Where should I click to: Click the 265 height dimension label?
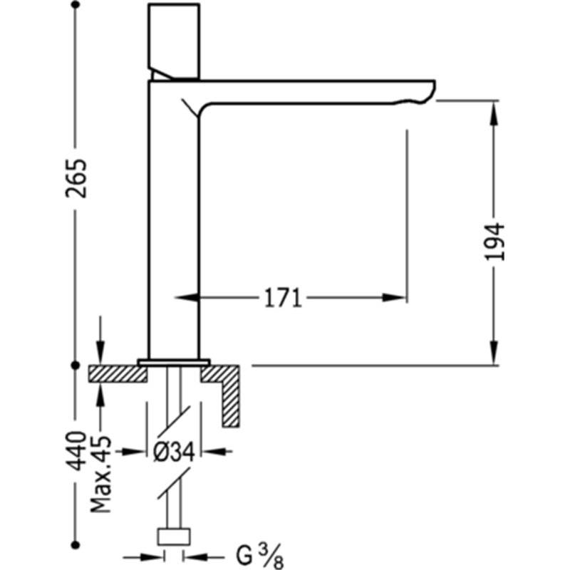pyautogui.click(x=77, y=178)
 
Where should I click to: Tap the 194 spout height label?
pyautogui.click(x=495, y=242)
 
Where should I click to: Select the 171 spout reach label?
pyautogui.click(x=283, y=298)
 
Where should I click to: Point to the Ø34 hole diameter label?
pyautogui.click(x=174, y=452)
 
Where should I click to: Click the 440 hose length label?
pyautogui.click(x=77, y=451)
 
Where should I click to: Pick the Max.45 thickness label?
pyautogui.click(x=100, y=473)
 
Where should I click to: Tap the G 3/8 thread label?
pyautogui.click(x=259, y=556)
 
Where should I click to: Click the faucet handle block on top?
pyautogui.click(x=174, y=41)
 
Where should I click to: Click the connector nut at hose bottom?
pyautogui.click(x=174, y=537)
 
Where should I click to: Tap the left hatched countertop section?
pyautogui.click(x=118, y=373)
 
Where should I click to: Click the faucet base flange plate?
pyautogui.click(x=174, y=362)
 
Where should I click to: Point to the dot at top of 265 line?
pyautogui.click(x=76, y=5)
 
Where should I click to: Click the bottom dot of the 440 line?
pyautogui.click(x=76, y=544)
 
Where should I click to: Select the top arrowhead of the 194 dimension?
pyautogui.click(x=494, y=113)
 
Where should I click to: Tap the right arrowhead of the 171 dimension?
pyautogui.click(x=394, y=298)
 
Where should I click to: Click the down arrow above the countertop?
pyautogui.click(x=100, y=353)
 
